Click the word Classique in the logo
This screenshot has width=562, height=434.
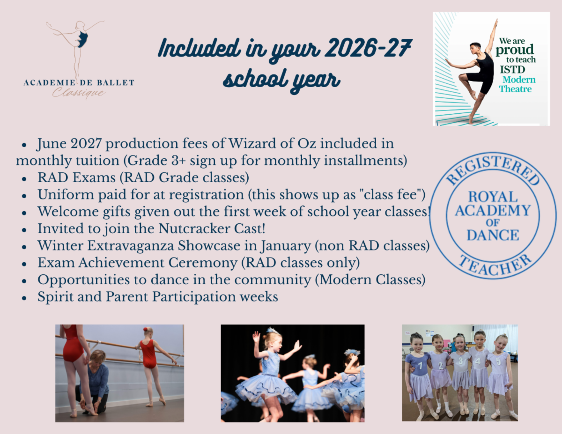[x=79, y=93]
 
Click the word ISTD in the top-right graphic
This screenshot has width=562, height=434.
[x=512, y=70]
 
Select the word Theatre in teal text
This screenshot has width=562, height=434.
[x=515, y=89]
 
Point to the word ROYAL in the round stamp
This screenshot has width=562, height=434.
[x=493, y=197]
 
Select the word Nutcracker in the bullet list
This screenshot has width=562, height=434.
[x=194, y=228]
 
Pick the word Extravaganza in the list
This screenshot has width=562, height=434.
[x=130, y=246]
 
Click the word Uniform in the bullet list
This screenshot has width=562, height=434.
[x=66, y=194]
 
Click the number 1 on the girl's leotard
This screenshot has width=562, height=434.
[x=420, y=365]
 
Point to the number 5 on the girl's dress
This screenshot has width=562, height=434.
[x=498, y=361]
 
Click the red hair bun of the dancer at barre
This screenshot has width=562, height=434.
[x=145, y=329]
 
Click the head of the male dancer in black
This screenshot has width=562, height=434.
[x=475, y=48]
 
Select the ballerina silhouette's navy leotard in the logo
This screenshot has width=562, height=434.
[x=83, y=39]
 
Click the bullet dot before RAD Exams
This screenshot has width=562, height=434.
[x=24, y=178]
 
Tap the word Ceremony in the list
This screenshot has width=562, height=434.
[x=203, y=263]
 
